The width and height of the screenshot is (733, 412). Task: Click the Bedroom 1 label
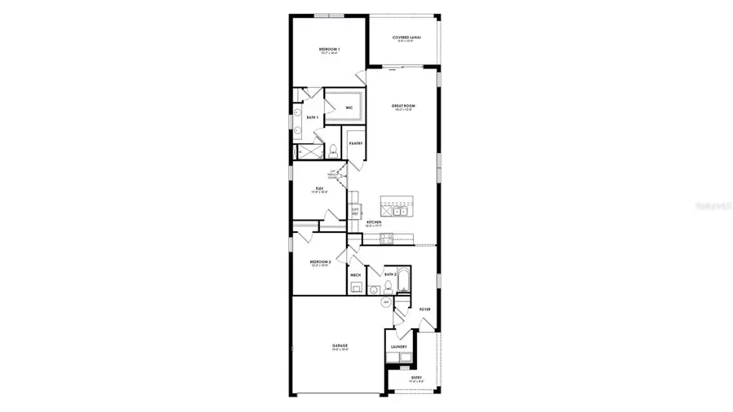[x=329, y=50]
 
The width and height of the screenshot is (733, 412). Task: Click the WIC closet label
[x=349, y=107]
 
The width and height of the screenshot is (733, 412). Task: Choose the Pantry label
[x=356, y=143]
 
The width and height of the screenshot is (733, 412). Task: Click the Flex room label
[x=320, y=188]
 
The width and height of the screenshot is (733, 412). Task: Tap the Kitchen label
[x=374, y=222]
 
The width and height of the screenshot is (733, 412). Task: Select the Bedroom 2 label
[x=320, y=261]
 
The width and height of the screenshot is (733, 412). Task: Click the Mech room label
[x=356, y=275]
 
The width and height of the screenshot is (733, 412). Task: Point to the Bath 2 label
[x=390, y=275]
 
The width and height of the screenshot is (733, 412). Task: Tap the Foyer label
[x=424, y=309]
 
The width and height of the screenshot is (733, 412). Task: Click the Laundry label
[x=399, y=347]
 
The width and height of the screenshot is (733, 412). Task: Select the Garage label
[x=340, y=346]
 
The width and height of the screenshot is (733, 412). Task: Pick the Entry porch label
[x=417, y=378]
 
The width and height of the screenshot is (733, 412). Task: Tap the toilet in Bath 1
[x=333, y=151]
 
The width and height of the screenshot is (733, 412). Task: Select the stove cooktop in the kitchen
[x=387, y=238]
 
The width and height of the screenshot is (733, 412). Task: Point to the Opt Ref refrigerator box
[x=355, y=210]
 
